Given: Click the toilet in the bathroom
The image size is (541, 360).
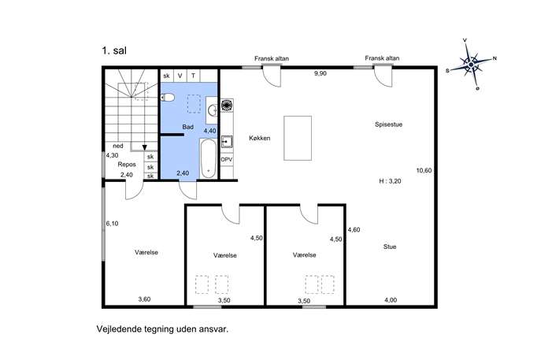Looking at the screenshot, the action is tap(168, 98).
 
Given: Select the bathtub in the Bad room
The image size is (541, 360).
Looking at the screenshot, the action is tap(208, 158).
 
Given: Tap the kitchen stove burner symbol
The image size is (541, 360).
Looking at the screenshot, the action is tap(227, 106).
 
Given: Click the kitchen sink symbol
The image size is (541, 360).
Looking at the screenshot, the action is tap(227, 142).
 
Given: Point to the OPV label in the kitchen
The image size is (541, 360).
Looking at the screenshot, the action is tap(226, 159).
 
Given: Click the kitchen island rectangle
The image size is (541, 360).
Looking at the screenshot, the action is tap(298, 138).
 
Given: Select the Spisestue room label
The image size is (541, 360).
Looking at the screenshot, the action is tap(388, 124).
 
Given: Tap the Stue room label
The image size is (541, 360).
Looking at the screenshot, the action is tap(390, 247).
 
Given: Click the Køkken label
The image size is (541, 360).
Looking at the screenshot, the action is tap(259, 138).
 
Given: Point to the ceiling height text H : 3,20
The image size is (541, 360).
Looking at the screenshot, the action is tap(390, 181).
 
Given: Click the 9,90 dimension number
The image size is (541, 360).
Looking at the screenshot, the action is tap(321, 73).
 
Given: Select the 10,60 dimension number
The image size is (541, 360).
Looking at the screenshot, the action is tap(424, 170).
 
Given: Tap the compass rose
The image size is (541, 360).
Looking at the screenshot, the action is tap(471, 64).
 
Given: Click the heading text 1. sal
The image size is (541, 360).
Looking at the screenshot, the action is tap(114, 50).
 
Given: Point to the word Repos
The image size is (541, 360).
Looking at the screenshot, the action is tap(127, 165).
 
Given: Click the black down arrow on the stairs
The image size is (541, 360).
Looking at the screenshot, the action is tap(145, 148).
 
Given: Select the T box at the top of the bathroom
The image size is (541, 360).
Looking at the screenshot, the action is tap(193, 76).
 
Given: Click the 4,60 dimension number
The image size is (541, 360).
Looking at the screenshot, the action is tap(354, 229).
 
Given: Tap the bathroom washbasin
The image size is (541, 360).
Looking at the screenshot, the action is tap(212, 110).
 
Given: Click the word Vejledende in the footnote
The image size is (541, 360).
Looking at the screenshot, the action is tap(120, 329).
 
